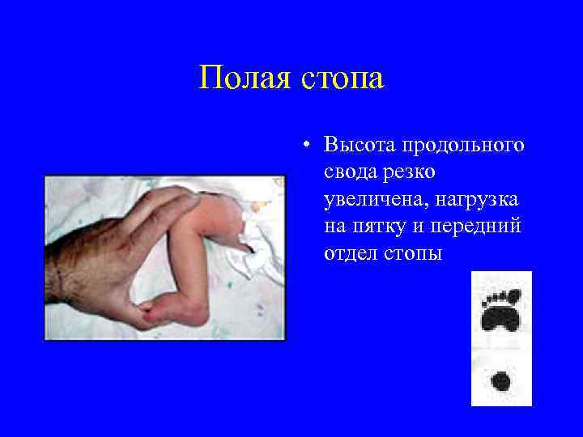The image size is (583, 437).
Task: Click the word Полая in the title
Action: [x=245, y=79]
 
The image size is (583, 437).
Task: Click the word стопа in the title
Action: [x=339, y=79]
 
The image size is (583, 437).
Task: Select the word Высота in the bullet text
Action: [x=358, y=146]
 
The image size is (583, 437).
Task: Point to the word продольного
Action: [x=462, y=146]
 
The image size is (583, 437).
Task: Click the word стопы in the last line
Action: [x=416, y=253]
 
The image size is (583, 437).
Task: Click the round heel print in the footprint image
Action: [x=502, y=380]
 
